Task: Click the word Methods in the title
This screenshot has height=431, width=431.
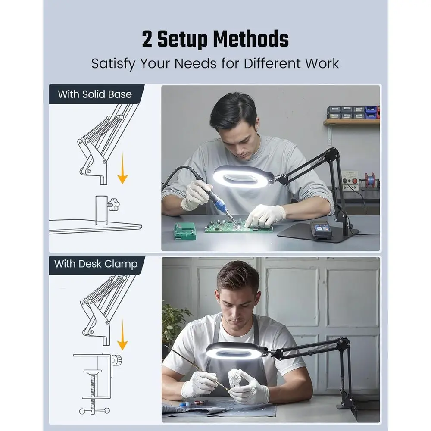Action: [x=251, y=39]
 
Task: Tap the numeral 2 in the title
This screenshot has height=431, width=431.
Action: [x=147, y=39]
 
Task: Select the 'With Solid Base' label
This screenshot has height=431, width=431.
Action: [x=95, y=94]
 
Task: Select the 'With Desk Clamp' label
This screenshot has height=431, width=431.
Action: [x=96, y=264]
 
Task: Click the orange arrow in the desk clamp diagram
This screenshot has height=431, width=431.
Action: [x=122, y=334]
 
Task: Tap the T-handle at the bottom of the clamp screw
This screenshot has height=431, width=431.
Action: [x=94, y=411]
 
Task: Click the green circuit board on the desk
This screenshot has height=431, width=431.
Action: [x=239, y=227]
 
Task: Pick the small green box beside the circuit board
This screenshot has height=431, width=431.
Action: [x=185, y=231]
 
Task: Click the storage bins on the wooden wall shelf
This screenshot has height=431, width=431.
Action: [x=353, y=112]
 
